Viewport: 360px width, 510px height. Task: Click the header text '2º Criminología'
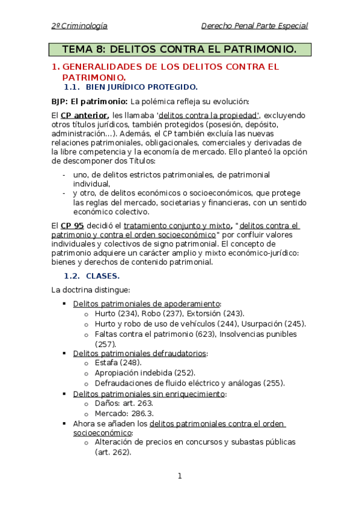tap(79, 26)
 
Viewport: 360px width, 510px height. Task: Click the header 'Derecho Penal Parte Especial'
tap(254, 26)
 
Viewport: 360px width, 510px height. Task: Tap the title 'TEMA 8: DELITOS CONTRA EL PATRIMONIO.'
tap(180, 49)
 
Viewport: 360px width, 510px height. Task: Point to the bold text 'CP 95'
tap(72, 226)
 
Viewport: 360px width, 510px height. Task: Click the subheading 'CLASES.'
tap(103, 276)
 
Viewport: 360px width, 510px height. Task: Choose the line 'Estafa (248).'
tap(118, 363)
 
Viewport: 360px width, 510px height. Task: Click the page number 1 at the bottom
tap(179, 476)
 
